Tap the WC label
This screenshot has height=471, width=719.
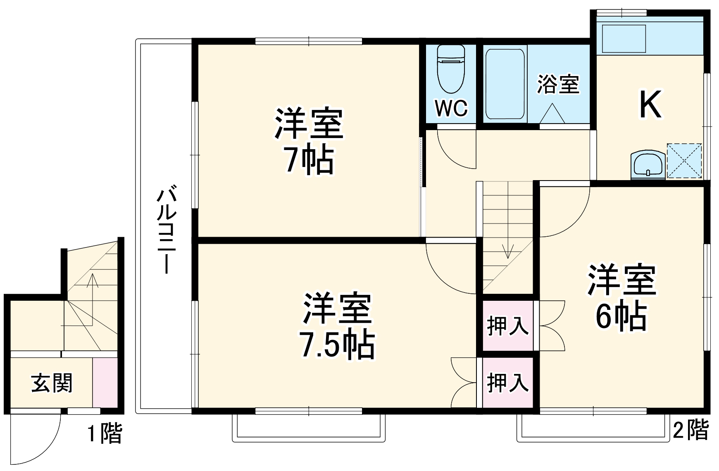click(x=451, y=108)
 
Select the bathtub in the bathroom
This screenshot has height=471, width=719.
click(x=505, y=84)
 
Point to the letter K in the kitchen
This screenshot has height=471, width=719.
click(x=650, y=105)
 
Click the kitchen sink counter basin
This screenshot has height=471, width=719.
click(x=624, y=38)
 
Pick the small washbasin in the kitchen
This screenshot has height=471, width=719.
click(x=647, y=165)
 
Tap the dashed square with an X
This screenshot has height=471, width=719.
click(x=684, y=161)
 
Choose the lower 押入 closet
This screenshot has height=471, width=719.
click(x=508, y=382)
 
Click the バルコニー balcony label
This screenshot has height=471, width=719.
click(x=166, y=231)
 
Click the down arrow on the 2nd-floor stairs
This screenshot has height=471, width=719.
click(x=507, y=250)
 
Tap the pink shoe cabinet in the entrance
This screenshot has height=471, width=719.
click(x=105, y=383)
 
